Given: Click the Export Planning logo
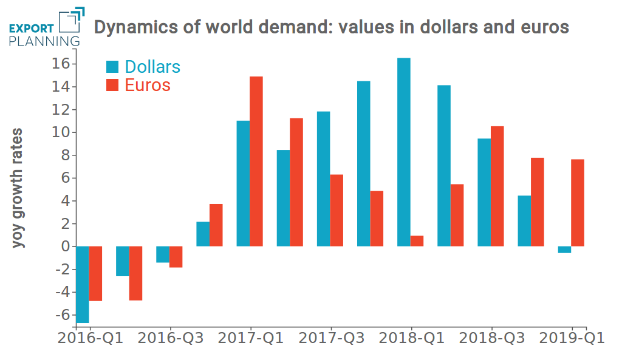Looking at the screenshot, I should click(x=45, y=28).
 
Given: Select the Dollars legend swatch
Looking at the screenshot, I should click(x=113, y=67).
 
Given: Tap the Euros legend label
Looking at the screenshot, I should click(x=148, y=85).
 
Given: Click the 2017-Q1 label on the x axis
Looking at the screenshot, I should click(x=251, y=338).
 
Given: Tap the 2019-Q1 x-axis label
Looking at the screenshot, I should click(x=573, y=338).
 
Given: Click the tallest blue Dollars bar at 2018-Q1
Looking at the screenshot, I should click(x=403, y=152).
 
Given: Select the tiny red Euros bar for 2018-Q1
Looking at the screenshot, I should click(x=417, y=241).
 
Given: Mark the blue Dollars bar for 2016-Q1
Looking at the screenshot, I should click(x=83, y=284).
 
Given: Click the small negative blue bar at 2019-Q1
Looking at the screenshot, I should click(x=564, y=250).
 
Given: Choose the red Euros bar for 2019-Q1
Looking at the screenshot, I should click(x=577, y=203).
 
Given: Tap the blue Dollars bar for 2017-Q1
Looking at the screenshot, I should click(x=243, y=183).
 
